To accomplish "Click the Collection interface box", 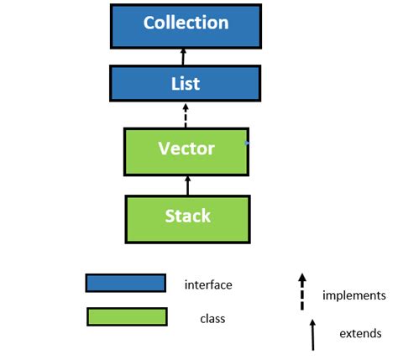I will coord(186,25).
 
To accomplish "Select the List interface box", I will coord(186,84).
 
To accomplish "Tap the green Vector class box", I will coord(186,151).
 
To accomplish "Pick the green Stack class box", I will coord(186,217).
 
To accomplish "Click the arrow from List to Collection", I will coord(186,56).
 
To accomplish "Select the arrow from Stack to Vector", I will coord(187,185).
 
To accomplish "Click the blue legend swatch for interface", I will coord(125,284).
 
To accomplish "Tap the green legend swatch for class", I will coord(126,316).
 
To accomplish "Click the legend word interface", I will coord(208,285).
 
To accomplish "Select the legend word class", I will coord(212,319).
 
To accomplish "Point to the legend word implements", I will coord(353,295).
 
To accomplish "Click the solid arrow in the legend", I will coord(312,333).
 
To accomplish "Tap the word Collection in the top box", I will coord(186,23).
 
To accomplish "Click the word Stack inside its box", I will coord(186,216).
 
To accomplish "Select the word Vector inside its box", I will coord(186,149).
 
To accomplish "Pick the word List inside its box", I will coord(186,84).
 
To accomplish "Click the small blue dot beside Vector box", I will coord(249,144).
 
